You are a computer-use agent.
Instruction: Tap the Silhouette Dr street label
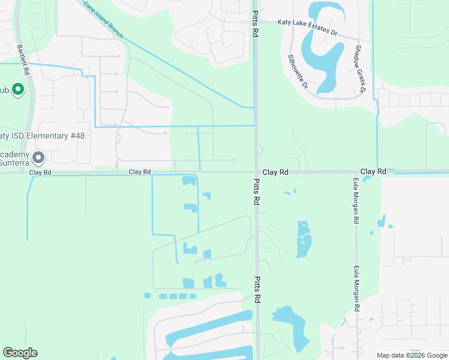[x=297, y=72]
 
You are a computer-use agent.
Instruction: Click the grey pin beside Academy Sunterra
[x=39, y=158]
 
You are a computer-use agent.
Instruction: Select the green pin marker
[x=18, y=90]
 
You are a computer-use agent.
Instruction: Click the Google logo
[x=20, y=353]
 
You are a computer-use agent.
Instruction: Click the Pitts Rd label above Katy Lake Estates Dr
[x=256, y=24]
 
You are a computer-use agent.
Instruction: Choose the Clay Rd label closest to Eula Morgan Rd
[x=373, y=172]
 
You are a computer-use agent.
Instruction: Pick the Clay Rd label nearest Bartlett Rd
[x=40, y=172]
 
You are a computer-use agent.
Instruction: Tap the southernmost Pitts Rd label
[x=256, y=290]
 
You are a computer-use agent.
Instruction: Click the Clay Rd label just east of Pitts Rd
[x=276, y=172]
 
